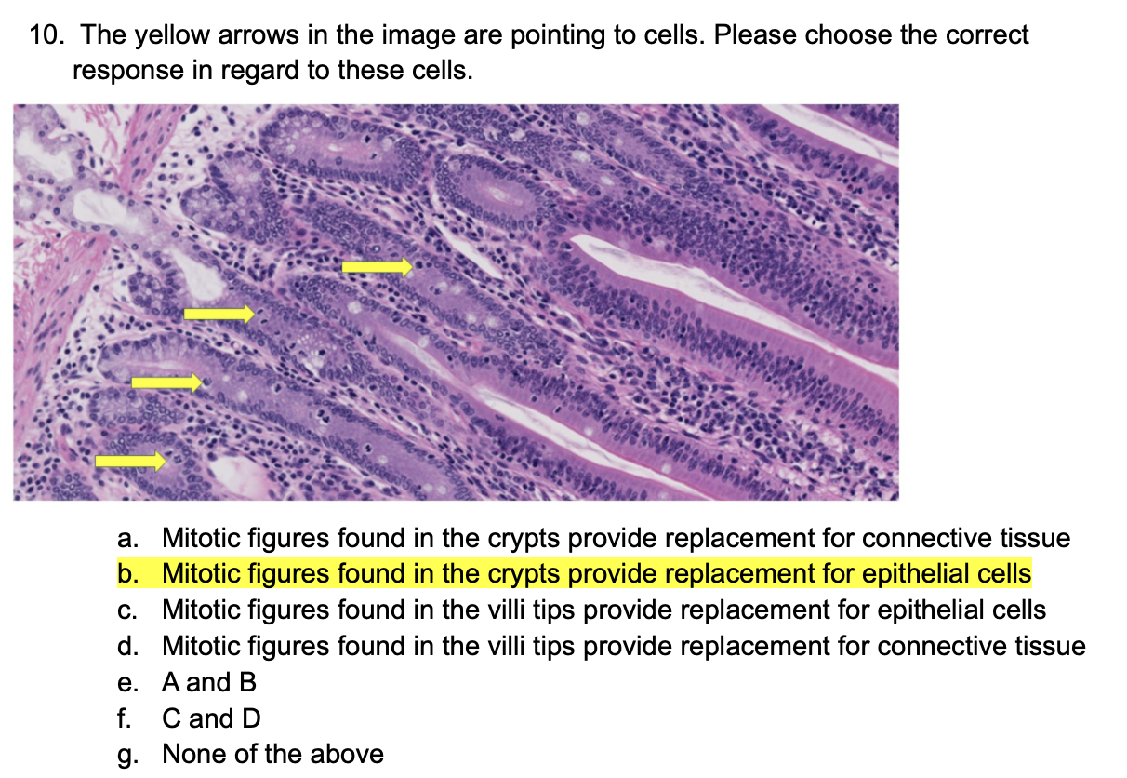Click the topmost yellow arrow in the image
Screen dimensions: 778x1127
(x=377, y=267)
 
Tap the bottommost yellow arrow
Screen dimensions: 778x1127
(x=130, y=460)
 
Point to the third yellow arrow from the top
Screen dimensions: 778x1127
(x=166, y=382)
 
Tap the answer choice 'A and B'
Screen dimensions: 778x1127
(x=209, y=682)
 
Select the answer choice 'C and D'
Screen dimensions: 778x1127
(x=211, y=718)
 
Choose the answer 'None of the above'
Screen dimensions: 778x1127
(x=272, y=754)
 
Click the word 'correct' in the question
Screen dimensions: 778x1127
(x=987, y=36)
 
